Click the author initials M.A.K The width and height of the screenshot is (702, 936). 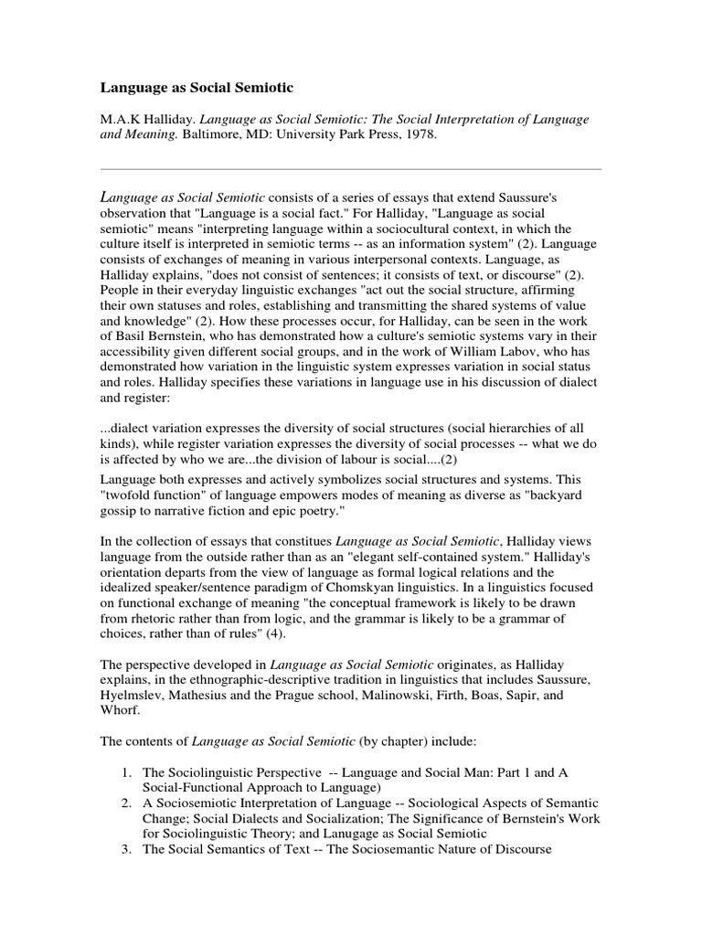click(120, 119)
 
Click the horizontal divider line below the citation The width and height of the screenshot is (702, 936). click(350, 169)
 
